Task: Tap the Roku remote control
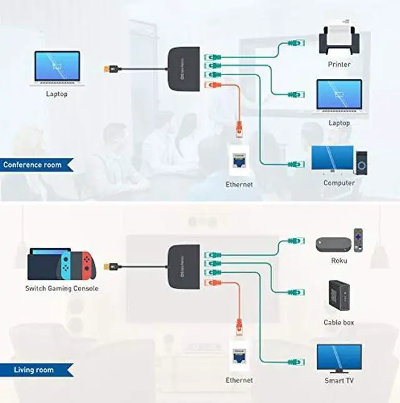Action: pyautogui.click(x=358, y=238)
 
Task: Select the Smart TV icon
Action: pyautogui.click(x=338, y=359)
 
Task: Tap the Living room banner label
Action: pyautogui.click(x=34, y=370)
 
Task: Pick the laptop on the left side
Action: pyautogui.click(x=57, y=69)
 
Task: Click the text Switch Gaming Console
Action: pyautogui.click(x=61, y=288)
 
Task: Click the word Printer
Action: pyautogui.click(x=339, y=64)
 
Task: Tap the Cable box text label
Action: pyautogui.click(x=339, y=322)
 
